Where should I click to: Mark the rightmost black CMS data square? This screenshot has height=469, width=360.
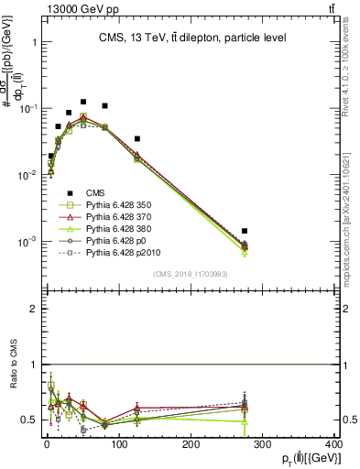click(245, 232)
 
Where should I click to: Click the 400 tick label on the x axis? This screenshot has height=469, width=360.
click(334, 444)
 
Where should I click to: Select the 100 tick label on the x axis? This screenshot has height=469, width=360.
click(118, 444)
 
